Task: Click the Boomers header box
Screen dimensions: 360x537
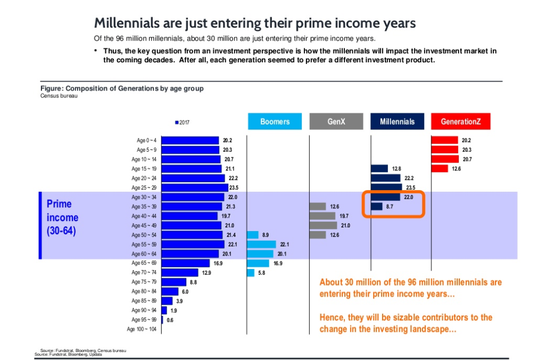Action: click(x=275, y=121)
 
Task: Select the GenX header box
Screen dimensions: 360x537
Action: click(x=336, y=121)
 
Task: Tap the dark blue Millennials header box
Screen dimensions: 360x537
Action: click(x=397, y=121)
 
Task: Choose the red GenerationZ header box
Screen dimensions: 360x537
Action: click(x=460, y=121)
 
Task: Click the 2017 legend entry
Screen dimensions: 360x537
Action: click(x=183, y=122)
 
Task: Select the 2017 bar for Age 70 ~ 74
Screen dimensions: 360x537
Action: click(x=179, y=273)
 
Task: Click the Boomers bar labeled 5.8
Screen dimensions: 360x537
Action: click(x=251, y=273)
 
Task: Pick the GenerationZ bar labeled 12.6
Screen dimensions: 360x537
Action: click(x=439, y=169)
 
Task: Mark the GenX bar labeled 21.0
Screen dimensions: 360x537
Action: click(x=323, y=225)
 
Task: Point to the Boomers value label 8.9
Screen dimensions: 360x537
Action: click(x=266, y=235)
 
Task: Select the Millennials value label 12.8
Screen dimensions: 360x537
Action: click(x=396, y=169)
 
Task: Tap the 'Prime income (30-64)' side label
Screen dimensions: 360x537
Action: click(x=62, y=217)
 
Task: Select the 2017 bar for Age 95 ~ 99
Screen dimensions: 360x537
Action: click(x=162, y=320)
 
